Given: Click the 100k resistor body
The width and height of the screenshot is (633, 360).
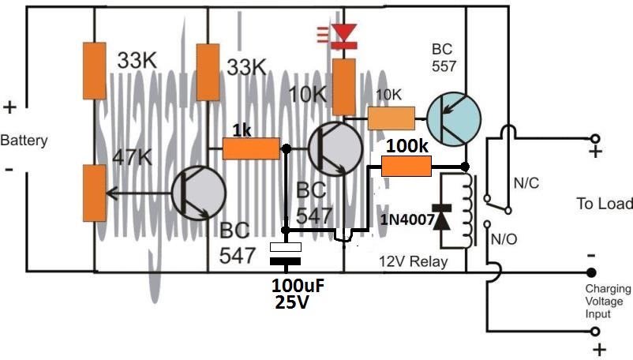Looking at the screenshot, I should (406, 167).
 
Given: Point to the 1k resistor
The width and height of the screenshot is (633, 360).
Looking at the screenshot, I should (251, 148).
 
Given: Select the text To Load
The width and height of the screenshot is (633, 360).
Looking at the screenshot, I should (605, 204).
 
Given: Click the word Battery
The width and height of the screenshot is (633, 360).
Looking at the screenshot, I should (24, 141).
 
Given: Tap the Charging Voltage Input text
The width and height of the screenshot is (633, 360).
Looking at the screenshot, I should (608, 302).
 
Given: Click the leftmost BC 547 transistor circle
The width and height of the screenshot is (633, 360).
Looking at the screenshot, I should (197, 192).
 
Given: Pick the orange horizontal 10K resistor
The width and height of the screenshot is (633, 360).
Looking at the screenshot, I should (391, 119).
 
